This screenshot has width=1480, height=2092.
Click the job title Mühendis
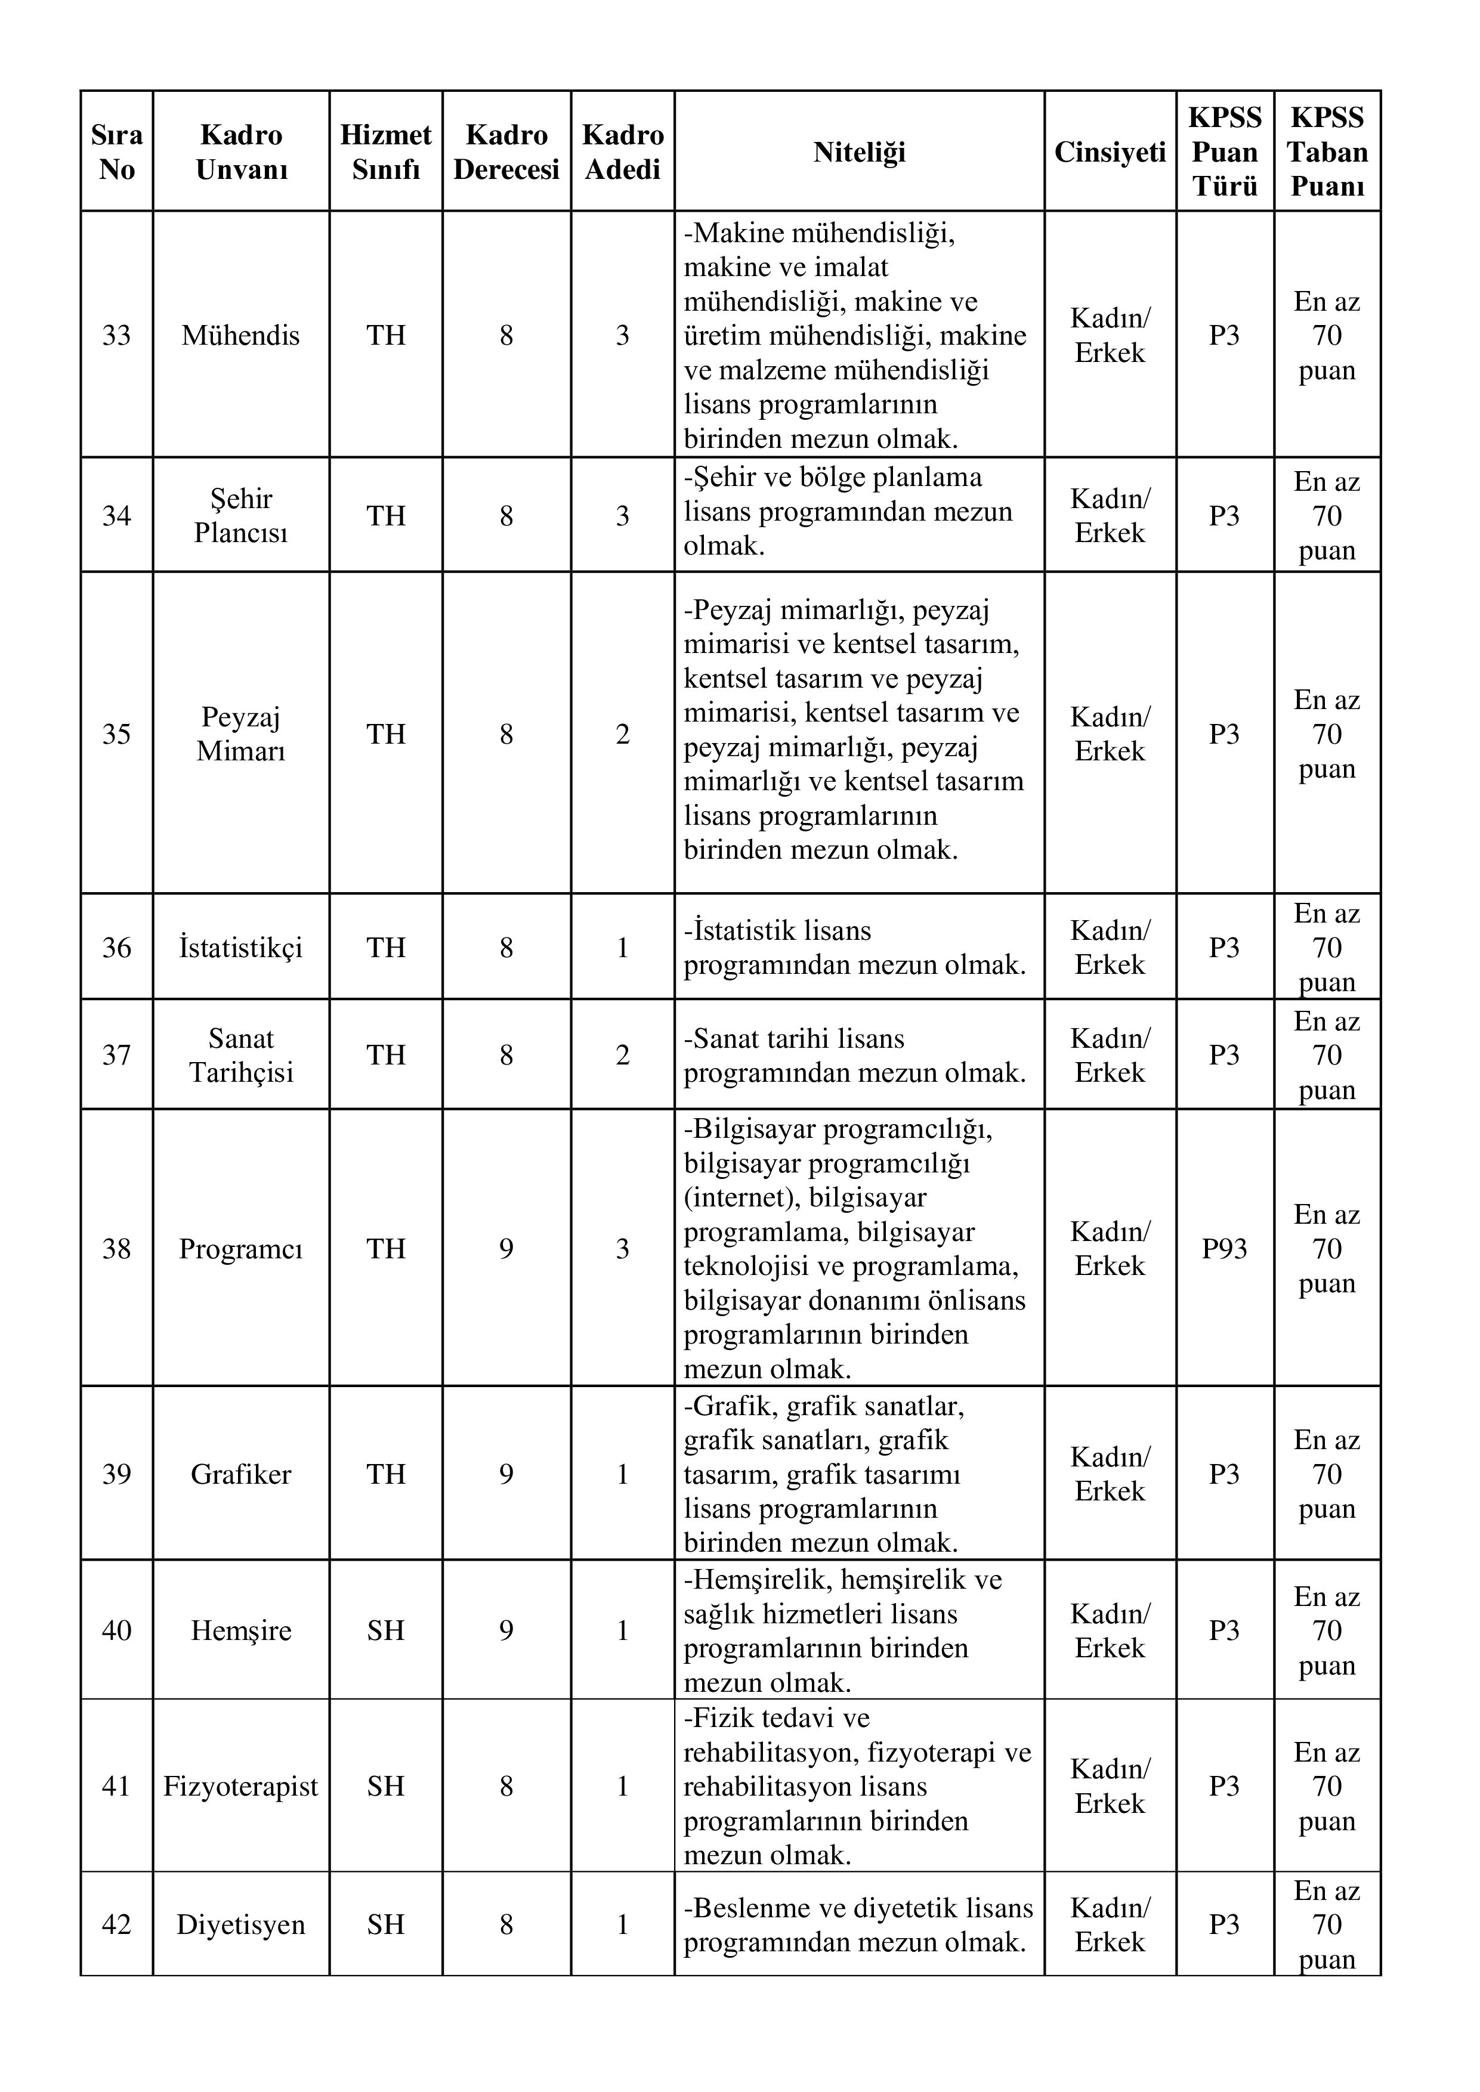click(x=240, y=335)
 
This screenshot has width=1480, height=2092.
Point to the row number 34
click(x=117, y=516)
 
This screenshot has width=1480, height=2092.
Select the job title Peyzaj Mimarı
click(x=240, y=734)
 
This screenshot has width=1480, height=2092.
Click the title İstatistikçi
click(x=240, y=948)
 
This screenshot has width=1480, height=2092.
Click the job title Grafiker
click(x=240, y=1474)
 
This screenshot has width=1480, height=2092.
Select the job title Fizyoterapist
click(x=240, y=1786)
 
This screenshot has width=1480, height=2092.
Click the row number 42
click(x=117, y=1924)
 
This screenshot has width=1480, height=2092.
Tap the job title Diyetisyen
click(x=240, y=1924)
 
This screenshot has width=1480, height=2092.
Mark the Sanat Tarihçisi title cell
click(x=240, y=1055)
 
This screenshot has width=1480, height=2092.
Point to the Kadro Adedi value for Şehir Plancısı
click(x=622, y=516)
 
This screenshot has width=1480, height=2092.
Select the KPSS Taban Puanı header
click(x=1327, y=152)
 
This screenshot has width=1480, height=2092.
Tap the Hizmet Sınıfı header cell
click(x=385, y=152)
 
